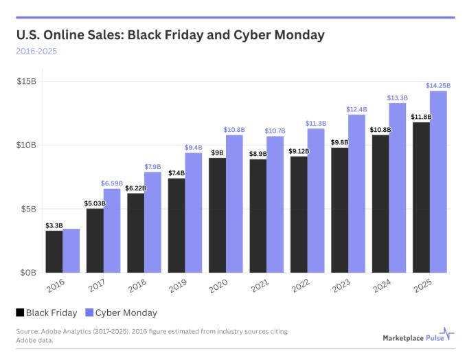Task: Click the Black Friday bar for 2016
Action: coord(54,251)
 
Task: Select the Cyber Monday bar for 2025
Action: coord(438,182)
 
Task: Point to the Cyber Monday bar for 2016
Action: coord(71,251)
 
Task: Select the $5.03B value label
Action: coord(95,203)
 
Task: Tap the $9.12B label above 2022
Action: coord(299,151)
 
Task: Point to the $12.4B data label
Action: coord(356,109)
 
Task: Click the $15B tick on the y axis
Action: coord(26,81)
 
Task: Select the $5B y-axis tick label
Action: coord(28,209)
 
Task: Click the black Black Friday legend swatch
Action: coord(20,313)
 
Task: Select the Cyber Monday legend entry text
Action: coord(126,313)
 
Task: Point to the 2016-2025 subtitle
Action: coord(37,51)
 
